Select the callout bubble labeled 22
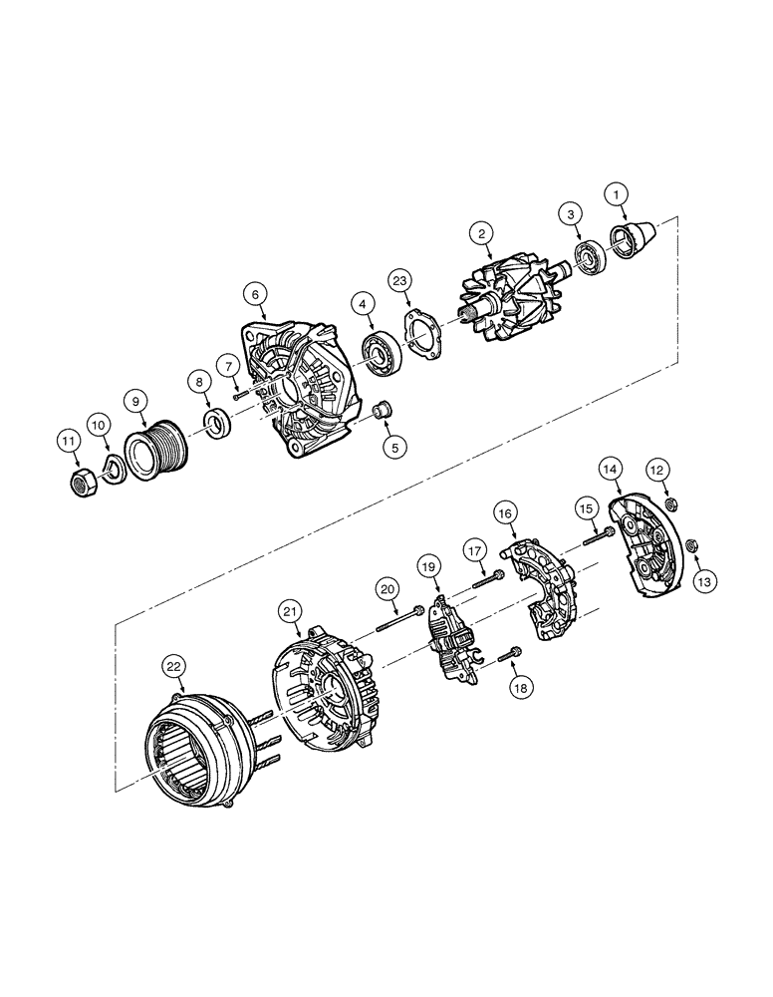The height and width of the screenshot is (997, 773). (x=173, y=665)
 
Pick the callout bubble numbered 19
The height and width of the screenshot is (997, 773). (x=429, y=568)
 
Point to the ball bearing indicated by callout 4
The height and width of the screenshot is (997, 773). (x=383, y=348)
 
